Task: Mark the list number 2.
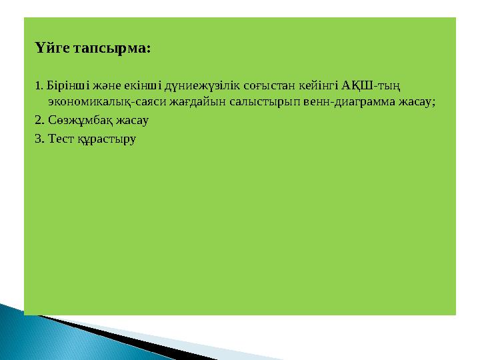pos(39,121)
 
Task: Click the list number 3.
pos(39,139)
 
